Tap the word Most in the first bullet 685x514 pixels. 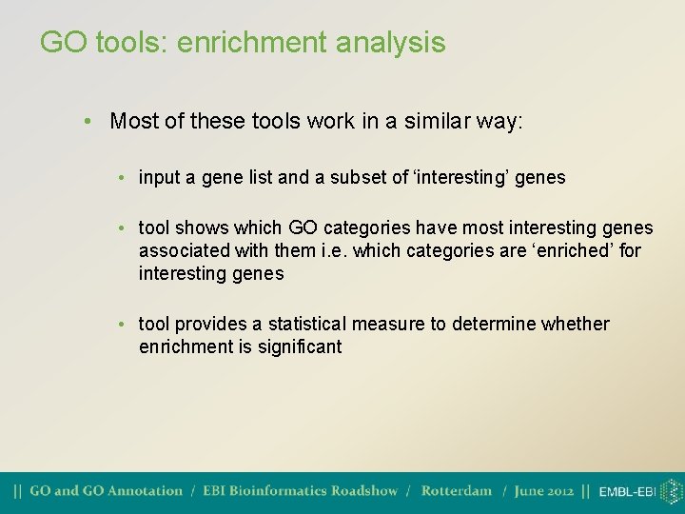pos(130,122)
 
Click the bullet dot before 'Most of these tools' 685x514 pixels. pos(87,122)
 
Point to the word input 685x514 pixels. pos(159,178)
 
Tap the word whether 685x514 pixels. pos(575,325)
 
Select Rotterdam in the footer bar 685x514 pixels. pos(457,491)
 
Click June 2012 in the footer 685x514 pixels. pos(543,491)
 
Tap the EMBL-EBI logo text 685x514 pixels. pos(627,492)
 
